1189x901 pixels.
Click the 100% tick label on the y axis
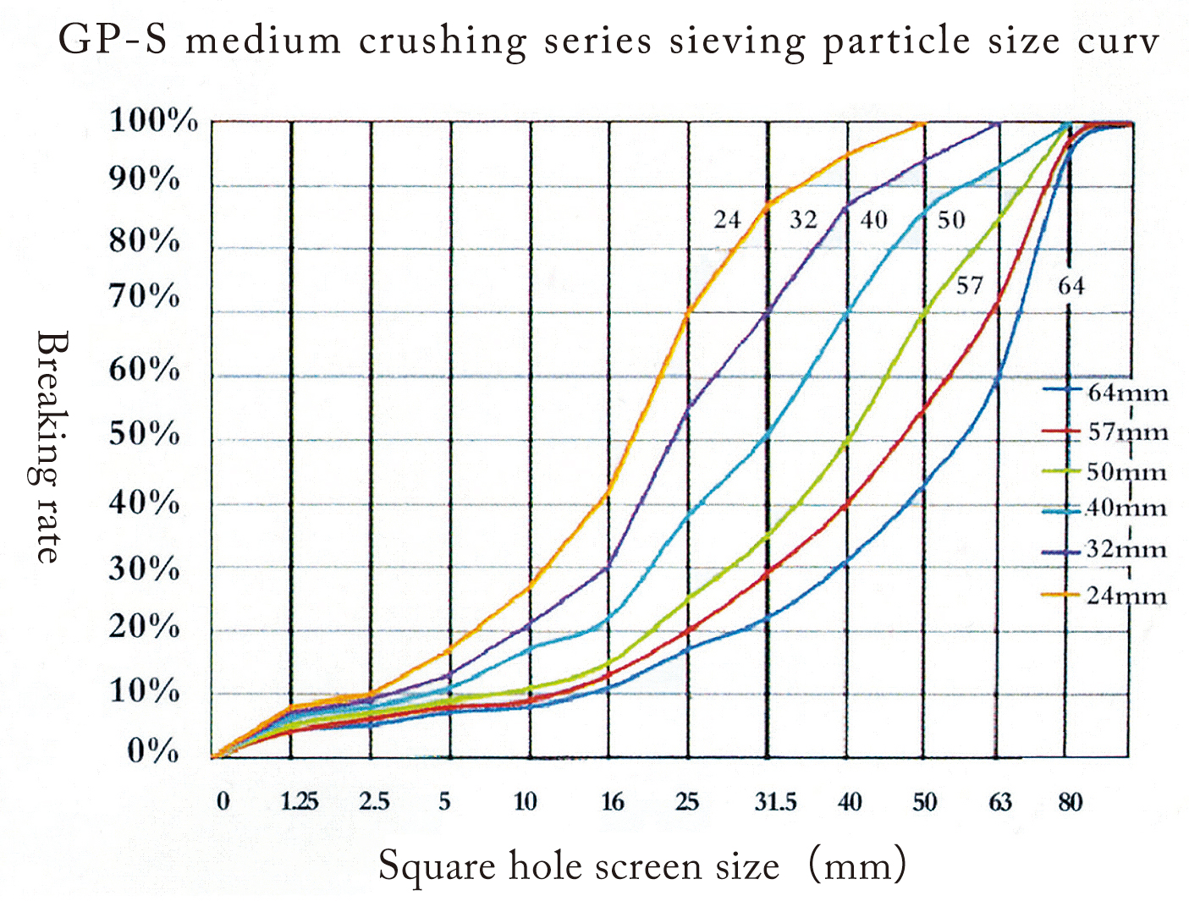[x=153, y=121]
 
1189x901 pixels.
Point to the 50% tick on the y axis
[x=145, y=434]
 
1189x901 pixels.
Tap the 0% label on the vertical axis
[x=152, y=750]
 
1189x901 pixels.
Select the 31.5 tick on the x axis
[x=775, y=801]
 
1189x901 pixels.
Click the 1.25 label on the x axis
[x=300, y=801]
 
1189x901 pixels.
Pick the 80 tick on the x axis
[x=1070, y=801]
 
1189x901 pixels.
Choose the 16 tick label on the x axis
[x=612, y=801]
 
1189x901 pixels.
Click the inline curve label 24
[x=727, y=220]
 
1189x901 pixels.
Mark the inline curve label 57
[x=970, y=286]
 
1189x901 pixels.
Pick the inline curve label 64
[x=1071, y=286]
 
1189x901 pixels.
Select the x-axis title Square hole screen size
[x=578, y=866]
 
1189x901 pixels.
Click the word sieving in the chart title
[x=737, y=41]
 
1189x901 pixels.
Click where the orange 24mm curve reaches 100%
[x=922, y=124]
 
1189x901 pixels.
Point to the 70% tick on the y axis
[x=145, y=297]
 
